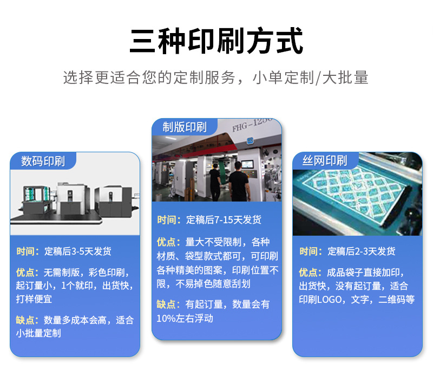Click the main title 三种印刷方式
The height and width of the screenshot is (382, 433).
tap(216, 41)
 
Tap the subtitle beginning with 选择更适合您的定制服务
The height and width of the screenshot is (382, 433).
tap(216, 77)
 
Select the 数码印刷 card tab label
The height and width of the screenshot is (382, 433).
tap(43, 161)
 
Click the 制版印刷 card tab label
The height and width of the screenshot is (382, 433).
tap(185, 127)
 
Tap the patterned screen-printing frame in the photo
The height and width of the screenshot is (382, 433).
tap(357, 198)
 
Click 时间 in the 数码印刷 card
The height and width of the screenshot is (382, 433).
tap(27, 251)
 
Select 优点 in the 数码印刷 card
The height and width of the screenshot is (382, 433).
tap(27, 273)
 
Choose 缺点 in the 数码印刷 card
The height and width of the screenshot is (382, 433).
tap(27, 320)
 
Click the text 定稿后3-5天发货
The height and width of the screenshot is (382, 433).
tap(78, 251)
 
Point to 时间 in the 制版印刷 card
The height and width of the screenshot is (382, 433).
tap(168, 220)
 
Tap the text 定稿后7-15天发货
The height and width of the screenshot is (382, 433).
tap(224, 220)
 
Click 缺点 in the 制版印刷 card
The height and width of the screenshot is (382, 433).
tap(168, 305)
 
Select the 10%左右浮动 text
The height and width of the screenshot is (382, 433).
tap(185, 319)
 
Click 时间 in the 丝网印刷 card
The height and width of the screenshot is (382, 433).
tap(311, 251)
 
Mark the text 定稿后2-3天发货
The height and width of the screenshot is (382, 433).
tap(362, 251)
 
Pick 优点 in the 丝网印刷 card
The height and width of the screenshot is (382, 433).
tap(311, 273)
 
